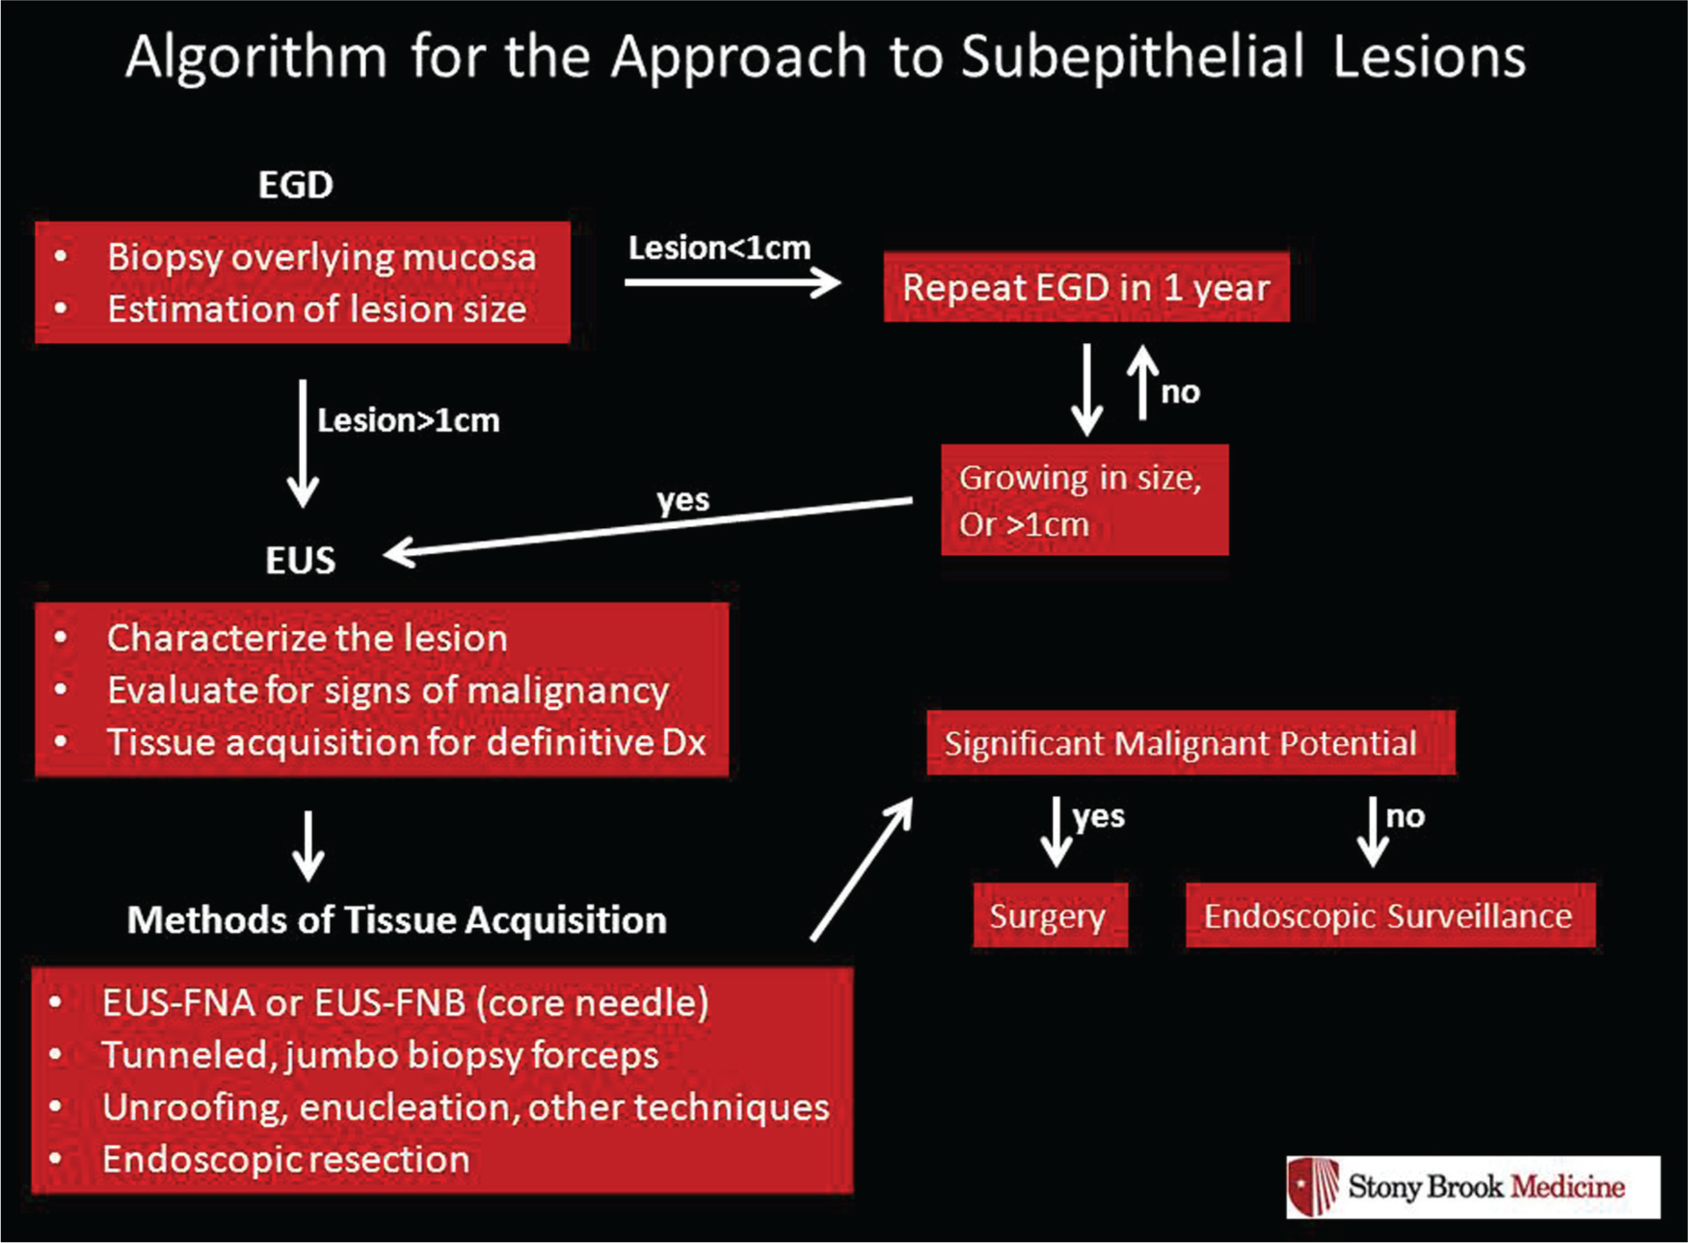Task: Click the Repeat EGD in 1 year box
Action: point(1086,287)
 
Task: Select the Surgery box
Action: point(1050,915)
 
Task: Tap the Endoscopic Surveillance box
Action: point(1390,915)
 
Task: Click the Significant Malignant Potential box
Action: point(1191,743)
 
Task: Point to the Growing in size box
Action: point(1085,499)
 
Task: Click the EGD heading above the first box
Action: point(296,184)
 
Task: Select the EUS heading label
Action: point(301,560)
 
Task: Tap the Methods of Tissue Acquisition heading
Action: point(397,920)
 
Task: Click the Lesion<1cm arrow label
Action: point(719,248)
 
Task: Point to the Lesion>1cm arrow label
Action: point(409,420)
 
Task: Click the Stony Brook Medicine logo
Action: point(1473,1186)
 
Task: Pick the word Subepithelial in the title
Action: point(1133,57)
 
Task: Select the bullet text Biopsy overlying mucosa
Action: point(321,257)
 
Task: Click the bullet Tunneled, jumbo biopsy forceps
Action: point(380,1055)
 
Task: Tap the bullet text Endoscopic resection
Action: point(286,1159)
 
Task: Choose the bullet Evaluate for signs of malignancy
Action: point(388,691)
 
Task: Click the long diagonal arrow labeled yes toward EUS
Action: point(648,527)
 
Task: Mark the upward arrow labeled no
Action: point(1143,383)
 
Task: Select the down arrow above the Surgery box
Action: point(1057,832)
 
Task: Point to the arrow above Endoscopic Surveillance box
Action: point(1373,832)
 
